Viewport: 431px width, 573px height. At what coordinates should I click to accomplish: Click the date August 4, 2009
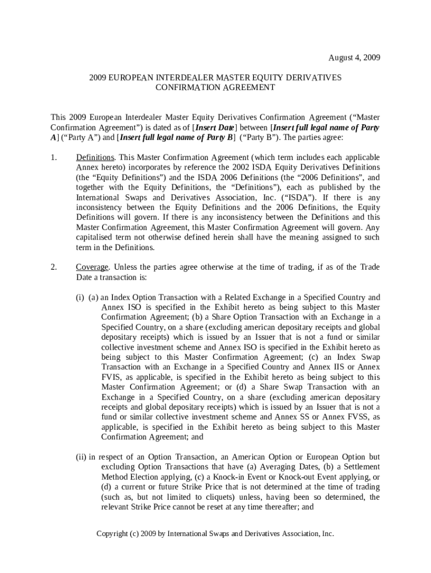point(354,58)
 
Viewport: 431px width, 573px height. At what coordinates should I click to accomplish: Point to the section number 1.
point(54,158)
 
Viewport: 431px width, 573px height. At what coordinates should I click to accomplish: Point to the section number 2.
point(54,267)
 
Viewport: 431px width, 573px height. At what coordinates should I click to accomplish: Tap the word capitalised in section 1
point(95,238)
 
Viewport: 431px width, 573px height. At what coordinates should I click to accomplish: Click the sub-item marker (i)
point(80,298)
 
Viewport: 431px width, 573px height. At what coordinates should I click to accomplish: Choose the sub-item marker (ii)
point(81,457)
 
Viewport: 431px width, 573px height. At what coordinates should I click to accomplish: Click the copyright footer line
point(215,534)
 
